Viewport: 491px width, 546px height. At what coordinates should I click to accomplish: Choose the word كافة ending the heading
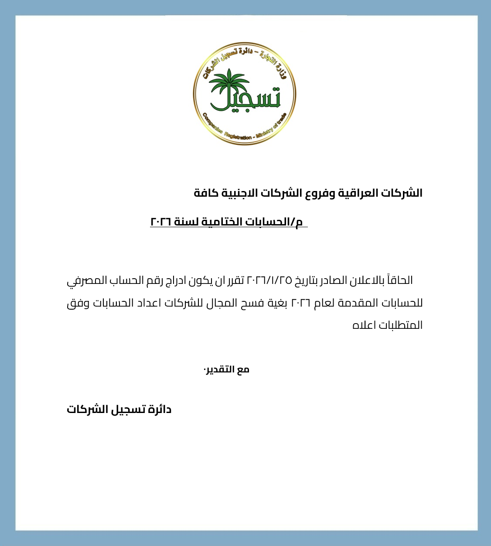(x=206, y=193)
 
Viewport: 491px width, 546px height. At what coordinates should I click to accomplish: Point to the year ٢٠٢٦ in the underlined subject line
(x=161, y=222)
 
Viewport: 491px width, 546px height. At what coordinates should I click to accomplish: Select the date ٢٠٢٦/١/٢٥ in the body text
(x=269, y=280)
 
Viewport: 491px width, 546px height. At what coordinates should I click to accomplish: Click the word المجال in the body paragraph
(x=222, y=303)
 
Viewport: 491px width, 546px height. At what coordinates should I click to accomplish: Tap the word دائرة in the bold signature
(x=160, y=409)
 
